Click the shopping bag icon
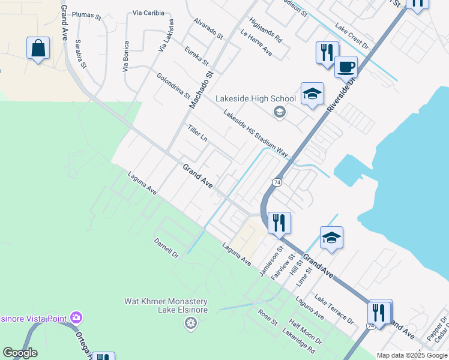click(x=38, y=48)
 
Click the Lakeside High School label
click(x=256, y=99)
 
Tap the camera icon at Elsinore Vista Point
click(x=76, y=317)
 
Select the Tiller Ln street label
click(x=197, y=134)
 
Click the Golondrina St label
click(x=173, y=86)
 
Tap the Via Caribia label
click(x=148, y=13)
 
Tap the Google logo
click(x=20, y=353)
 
